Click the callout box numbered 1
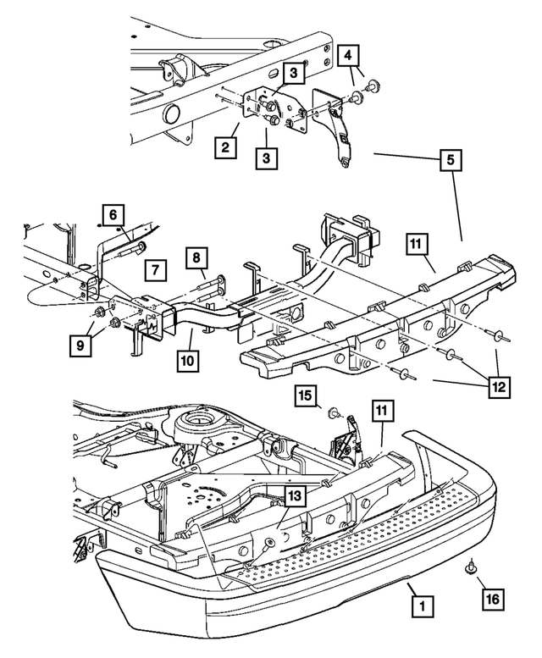point(423,605)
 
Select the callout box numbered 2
point(226,147)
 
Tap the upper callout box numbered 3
point(293,73)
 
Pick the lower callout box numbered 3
point(267,158)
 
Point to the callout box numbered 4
point(349,55)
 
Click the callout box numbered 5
point(451,160)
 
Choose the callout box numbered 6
point(113,215)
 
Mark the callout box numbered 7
point(156,270)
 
